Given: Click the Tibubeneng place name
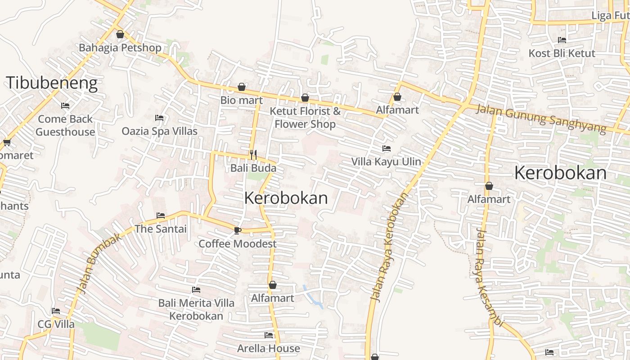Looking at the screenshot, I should pos(51,83).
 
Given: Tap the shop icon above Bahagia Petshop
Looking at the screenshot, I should pos(120,34).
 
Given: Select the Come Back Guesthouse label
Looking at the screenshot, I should pos(65,125).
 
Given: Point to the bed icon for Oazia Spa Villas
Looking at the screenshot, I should pos(159,118).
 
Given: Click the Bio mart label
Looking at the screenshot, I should pos(241,100).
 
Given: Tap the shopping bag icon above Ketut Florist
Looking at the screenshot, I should pos(305,98).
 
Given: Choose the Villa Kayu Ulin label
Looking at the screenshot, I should pos(386,162).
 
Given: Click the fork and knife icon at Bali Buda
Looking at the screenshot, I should pos(253,155).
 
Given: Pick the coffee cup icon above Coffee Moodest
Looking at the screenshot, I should pos(237,231).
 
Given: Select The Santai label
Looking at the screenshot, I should pos(160,229).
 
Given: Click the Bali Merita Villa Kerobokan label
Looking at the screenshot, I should pos(196,309).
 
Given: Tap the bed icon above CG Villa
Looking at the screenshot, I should pos(56,311).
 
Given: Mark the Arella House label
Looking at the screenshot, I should pos(269,348).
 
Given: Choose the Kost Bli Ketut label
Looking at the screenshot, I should pos(562,53).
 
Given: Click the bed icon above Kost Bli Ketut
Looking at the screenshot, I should pos(562,40).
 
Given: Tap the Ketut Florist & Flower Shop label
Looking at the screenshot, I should pos(305,117).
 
